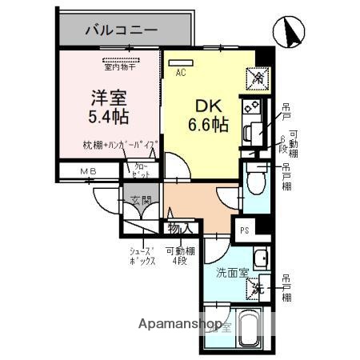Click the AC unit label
(x=181, y=72)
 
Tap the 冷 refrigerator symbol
(x=259, y=78)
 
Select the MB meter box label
(x=87, y=170)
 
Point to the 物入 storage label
(x=179, y=228)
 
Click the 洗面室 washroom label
(x=232, y=272)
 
